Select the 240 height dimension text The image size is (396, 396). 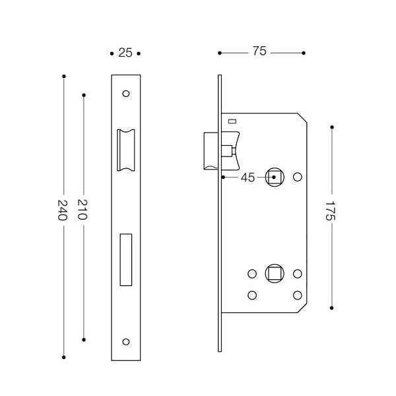(x=63, y=210)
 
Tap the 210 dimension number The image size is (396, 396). (x=83, y=210)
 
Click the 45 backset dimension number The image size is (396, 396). (x=247, y=177)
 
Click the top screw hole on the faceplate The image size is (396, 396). (x=127, y=93)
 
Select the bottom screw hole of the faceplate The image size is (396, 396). (x=127, y=341)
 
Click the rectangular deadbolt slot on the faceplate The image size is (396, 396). (x=125, y=259)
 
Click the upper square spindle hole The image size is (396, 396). (x=273, y=177)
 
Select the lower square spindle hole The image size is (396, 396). (x=273, y=273)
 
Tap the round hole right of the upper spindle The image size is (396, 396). (x=297, y=177)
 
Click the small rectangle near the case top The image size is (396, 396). (x=232, y=121)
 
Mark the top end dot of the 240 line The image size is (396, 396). (x=63, y=77)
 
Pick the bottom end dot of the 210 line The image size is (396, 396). (x=83, y=339)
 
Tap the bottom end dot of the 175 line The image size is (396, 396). (x=331, y=307)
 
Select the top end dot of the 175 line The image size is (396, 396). (x=331, y=126)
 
